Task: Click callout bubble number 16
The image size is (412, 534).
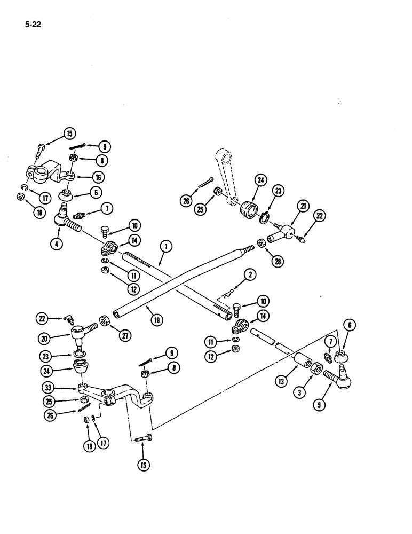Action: tap(98, 177)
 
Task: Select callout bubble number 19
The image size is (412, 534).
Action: tap(156, 320)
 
